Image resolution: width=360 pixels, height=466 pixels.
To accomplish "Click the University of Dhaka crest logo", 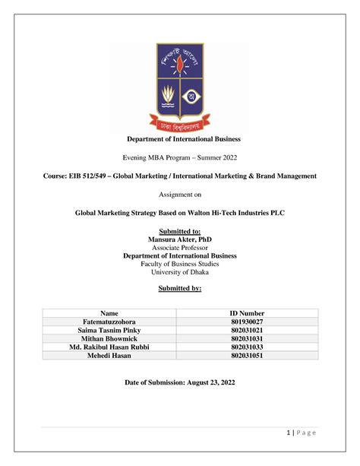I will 179,85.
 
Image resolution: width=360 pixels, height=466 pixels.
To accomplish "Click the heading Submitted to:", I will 179,230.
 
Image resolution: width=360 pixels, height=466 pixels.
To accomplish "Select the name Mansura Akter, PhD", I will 179,239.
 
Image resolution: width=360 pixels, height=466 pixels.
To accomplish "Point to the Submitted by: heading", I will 179,289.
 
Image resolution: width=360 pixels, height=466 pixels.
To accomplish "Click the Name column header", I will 109,312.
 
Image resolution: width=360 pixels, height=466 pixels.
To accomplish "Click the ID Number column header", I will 247,312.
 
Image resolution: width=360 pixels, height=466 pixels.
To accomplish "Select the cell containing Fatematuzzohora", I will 109,322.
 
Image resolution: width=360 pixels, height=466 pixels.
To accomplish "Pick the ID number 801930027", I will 247,322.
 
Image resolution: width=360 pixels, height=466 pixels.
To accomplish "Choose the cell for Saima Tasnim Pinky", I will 109,330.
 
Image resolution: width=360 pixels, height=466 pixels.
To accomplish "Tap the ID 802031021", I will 247,330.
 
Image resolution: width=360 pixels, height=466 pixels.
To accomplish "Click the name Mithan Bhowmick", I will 109,338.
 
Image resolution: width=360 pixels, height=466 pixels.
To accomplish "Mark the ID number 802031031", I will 247,338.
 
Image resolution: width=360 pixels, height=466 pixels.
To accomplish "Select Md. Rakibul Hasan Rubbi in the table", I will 109,347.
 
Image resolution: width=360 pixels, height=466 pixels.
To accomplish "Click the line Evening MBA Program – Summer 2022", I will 179,157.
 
